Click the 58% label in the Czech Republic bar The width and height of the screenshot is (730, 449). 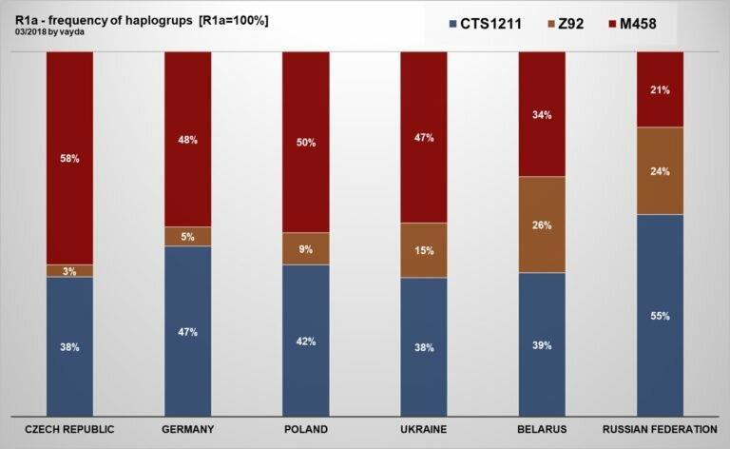pos(70,158)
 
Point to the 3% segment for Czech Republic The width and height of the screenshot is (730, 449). pos(70,271)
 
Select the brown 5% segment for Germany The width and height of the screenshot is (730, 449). pos(188,236)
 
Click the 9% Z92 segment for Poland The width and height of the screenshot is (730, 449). pos(306,249)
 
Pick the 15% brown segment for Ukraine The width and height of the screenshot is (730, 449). pos(424,250)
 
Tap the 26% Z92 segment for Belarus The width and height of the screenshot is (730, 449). pos(542,225)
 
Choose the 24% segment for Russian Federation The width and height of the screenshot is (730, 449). pos(660,171)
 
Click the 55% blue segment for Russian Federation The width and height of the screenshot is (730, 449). pos(660,315)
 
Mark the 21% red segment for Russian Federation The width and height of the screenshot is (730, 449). pos(660,89)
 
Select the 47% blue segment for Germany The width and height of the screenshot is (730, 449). pos(188,331)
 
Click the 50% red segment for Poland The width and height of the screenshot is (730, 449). pos(306,142)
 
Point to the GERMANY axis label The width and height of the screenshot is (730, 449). pos(188,429)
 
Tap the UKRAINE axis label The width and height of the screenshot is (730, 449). pos(424,429)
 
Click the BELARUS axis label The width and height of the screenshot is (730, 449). pos(542,429)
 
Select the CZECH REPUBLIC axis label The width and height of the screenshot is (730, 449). pos(70,429)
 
